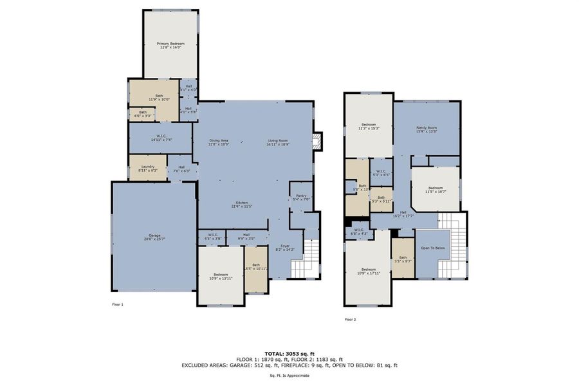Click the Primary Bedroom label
[x=170, y=43]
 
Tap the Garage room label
[x=155, y=235]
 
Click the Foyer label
[x=284, y=244]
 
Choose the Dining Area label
[x=219, y=140]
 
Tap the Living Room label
[x=278, y=140]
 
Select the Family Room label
[x=427, y=128]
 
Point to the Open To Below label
[x=433, y=248]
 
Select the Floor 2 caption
[x=350, y=319]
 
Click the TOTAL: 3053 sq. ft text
[x=289, y=353]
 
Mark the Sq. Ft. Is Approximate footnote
[x=289, y=375]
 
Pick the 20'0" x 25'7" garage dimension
[x=155, y=239]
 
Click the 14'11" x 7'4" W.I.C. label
[x=160, y=140]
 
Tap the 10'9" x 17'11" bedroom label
[x=368, y=272]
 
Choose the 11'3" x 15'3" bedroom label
[x=368, y=127]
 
